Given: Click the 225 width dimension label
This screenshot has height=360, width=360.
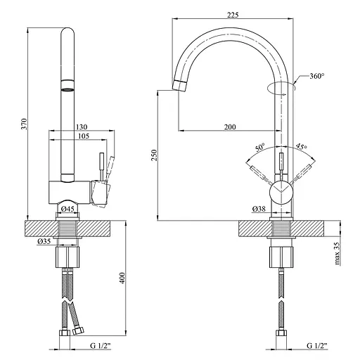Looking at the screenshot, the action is pyautogui.click(x=233, y=15).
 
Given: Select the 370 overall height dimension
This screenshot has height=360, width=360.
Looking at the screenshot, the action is pyautogui.click(x=24, y=124).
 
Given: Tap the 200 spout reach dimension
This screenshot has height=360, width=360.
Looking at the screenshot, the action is pyautogui.click(x=230, y=127).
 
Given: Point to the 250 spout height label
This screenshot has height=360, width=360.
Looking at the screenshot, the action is pyautogui.click(x=154, y=155).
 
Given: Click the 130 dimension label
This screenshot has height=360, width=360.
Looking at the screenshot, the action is pyautogui.click(x=82, y=127).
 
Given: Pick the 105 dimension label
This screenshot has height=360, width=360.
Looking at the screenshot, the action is pyautogui.click(x=84, y=136).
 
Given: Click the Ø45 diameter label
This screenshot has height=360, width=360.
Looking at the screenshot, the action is pyautogui.click(x=67, y=209).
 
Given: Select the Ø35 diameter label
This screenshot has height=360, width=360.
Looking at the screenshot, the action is pyautogui.click(x=44, y=241).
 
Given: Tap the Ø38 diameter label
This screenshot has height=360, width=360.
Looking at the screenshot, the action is pyautogui.click(x=259, y=208).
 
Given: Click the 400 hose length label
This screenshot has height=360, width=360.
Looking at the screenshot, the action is pyautogui.click(x=122, y=278).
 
